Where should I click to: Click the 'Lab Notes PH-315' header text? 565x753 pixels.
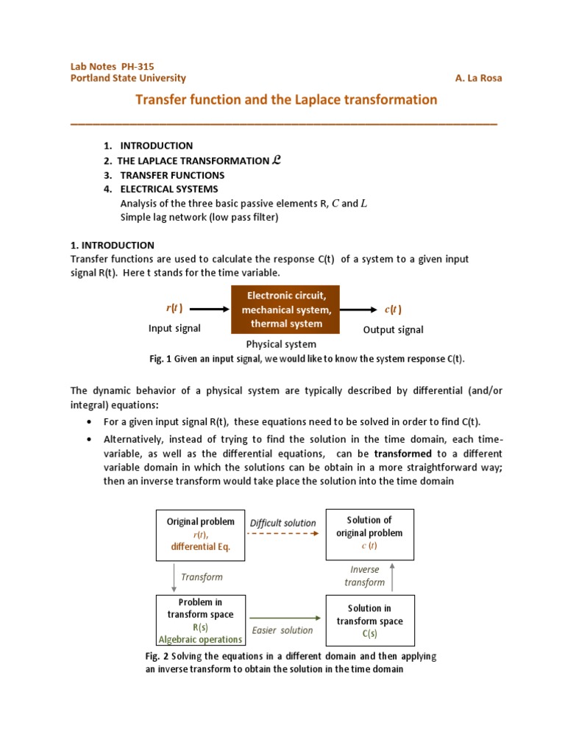(112, 66)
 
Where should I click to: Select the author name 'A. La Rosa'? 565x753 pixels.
(479, 79)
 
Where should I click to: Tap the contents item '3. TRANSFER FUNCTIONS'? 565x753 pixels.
(164, 176)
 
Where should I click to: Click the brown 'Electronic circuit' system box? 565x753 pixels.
(286, 310)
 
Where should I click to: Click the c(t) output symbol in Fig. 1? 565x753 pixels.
(393, 310)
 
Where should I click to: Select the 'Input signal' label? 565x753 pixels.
(174, 329)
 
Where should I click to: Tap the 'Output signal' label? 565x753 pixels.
(393, 330)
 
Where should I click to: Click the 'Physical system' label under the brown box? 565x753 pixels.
(281, 344)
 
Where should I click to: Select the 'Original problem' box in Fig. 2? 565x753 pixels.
(201, 534)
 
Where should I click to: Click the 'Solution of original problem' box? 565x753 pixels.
(369, 534)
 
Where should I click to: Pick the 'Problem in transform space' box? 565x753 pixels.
(201, 620)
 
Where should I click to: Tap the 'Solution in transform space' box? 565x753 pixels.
(369, 620)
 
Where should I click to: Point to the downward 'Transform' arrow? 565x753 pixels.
(174, 577)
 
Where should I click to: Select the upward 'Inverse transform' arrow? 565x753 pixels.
(392, 576)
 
